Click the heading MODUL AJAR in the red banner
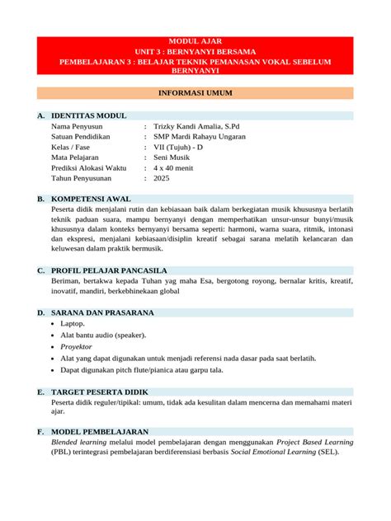coord(195,40)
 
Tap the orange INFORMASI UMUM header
coord(195,94)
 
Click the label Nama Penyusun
coord(80,126)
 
